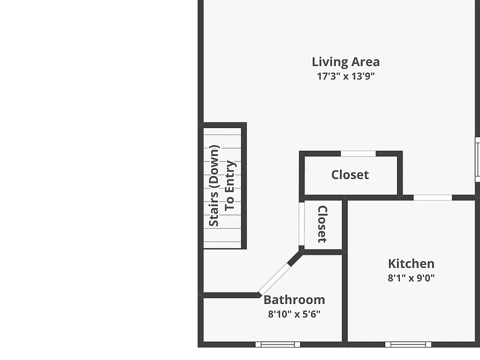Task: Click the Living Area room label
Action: click(x=345, y=62)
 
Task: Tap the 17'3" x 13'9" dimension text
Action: click(x=345, y=76)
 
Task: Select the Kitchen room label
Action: click(x=411, y=263)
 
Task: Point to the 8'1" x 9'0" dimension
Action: click(x=411, y=277)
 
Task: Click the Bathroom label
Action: click(x=294, y=299)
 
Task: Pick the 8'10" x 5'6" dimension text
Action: click(x=294, y=314)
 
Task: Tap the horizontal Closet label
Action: click(x=350, y=175)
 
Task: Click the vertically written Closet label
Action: click(x=322, y=224)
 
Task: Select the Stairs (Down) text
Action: click(x=213, y=186)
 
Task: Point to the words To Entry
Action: click(x=229, y=186)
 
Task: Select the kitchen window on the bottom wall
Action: click(x=408, y=344)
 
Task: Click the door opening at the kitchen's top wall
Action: click(x=433, y=197)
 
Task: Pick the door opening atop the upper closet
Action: click(x=358, y=153)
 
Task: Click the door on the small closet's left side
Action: click(x=301, y=224)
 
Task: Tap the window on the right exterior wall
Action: click(x=477, y=159)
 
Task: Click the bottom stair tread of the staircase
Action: click(x=222, y=245)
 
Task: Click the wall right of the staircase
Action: click(x=244, y=186)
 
